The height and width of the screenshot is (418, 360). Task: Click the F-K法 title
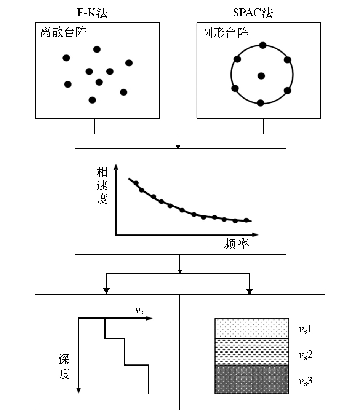coord(92,13)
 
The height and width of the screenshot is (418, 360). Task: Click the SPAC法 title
coord(253,13)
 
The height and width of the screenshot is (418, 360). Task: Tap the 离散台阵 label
coord(64,32)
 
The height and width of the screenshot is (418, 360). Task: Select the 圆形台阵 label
coord(225,33)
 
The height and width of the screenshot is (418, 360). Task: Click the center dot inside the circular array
coord(261,76)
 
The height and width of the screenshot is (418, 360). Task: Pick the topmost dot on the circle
coord(263,45)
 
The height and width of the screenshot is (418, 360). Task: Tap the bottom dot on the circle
coord(261,103)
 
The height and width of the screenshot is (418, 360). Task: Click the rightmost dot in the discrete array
coord(129,63)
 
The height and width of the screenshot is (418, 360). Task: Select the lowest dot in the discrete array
coord(92,100)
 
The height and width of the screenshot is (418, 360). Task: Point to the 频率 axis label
coord(237,244)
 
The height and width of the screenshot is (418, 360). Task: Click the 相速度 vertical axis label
coord(102,185)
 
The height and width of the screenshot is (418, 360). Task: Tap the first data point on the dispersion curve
coord(136,183)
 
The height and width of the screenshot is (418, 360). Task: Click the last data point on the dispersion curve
coord(246,220)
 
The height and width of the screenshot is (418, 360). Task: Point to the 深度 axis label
coord(64,367)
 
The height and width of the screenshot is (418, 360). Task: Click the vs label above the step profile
coord(139,311)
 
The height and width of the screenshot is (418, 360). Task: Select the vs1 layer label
coord(305,329)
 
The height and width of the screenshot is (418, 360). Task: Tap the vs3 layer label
coord(306,381)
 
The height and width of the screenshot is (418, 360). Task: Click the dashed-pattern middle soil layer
coord(252,352)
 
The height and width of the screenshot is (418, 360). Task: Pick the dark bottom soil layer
coord(252,379)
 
